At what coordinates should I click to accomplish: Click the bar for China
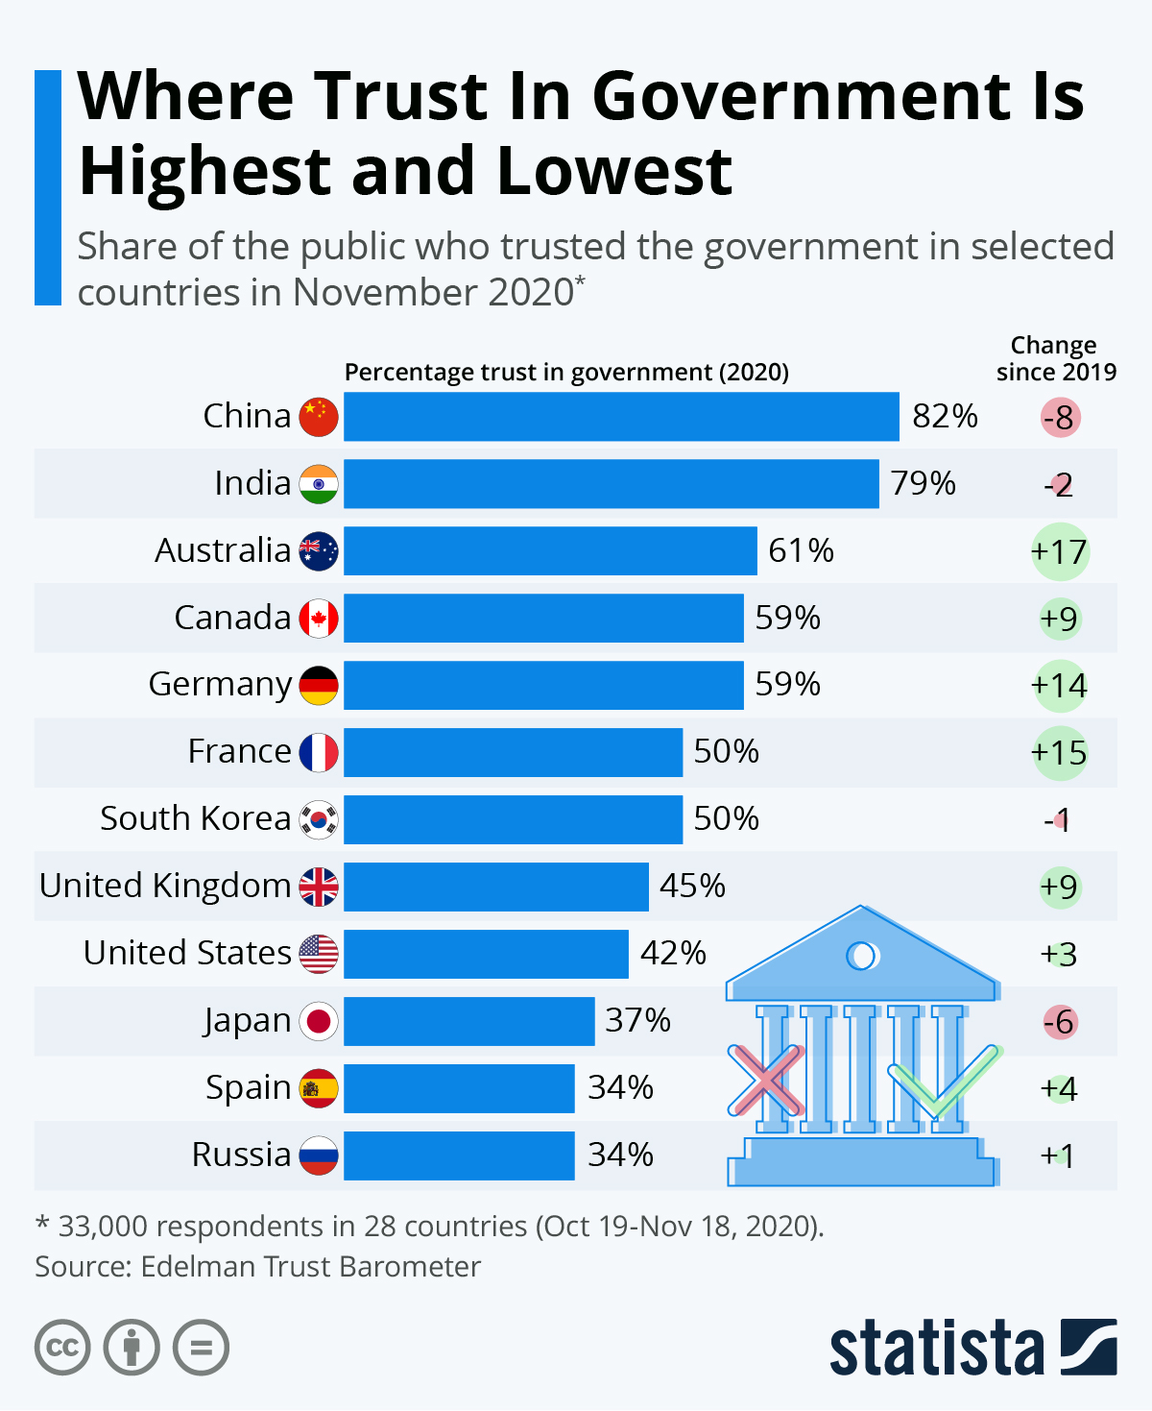tap(621, 417)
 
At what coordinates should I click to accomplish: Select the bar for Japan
tap(468, 1021)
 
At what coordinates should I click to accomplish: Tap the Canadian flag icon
tap(319, 618)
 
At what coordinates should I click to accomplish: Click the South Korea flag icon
tap(319, 819)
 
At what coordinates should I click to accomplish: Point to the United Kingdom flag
tap(319, 887)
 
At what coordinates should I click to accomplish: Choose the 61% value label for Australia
tap(801, 551)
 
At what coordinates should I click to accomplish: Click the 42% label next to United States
tap(673, 953)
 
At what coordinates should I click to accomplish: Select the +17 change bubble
tap(1059, 552)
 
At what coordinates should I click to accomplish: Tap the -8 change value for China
tap(1060, 418)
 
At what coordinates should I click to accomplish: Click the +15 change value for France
tap(1059, 753)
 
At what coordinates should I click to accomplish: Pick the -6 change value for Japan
tap(1060, 1022)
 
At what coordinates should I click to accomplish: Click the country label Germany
tap(220, 685)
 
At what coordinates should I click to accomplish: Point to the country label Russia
tap(241, 1155)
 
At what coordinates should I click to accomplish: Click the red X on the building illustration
tap(765, 1080)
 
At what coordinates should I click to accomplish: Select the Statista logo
tap(972, 1348)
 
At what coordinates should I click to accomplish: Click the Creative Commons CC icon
tap(62, 1348)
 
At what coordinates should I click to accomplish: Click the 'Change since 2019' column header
tap(1055, 358)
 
